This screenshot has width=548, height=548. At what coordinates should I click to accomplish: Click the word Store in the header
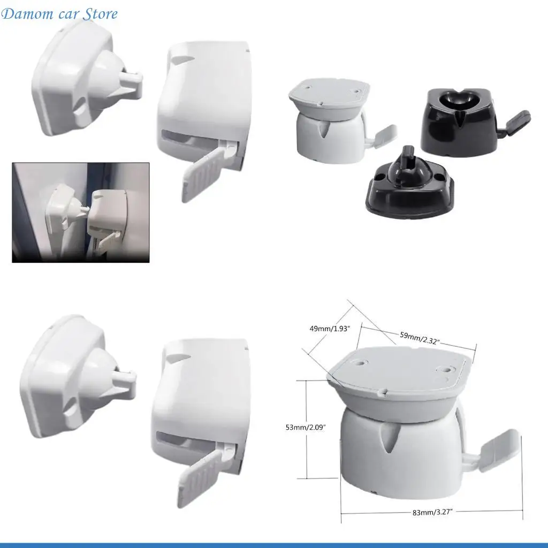click(100, 14)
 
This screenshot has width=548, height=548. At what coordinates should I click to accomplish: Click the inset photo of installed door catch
click(80, 212)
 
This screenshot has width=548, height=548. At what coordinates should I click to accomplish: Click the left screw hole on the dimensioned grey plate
click(355, 362)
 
